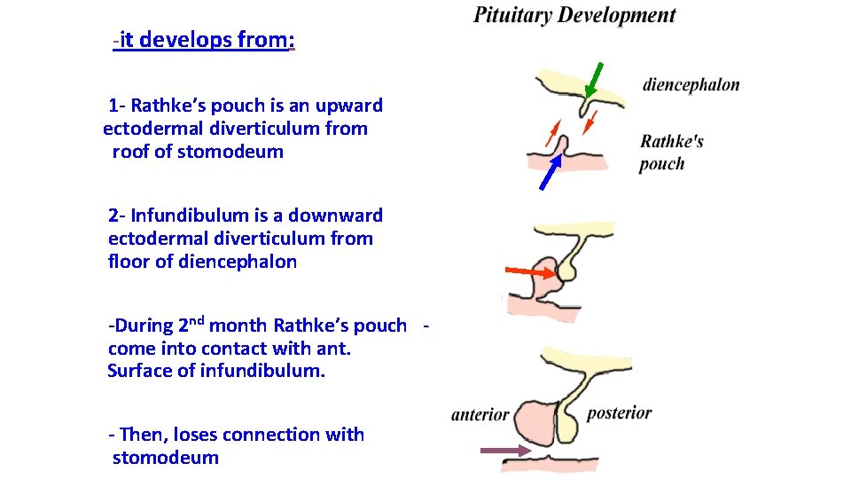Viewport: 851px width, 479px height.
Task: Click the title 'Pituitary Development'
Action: click(574, 15)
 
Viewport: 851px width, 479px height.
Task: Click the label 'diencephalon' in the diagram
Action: click(691, 85)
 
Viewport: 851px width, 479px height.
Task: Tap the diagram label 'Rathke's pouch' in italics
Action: click(672, 152)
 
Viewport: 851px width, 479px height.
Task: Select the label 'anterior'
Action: click(480, 414)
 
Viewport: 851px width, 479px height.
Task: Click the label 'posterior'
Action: click(619, 412)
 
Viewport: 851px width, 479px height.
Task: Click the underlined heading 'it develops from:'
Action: click(206, 40)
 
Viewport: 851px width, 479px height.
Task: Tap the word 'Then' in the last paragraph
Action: click(142, 435)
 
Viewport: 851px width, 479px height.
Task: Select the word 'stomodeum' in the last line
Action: click(165, 458)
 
